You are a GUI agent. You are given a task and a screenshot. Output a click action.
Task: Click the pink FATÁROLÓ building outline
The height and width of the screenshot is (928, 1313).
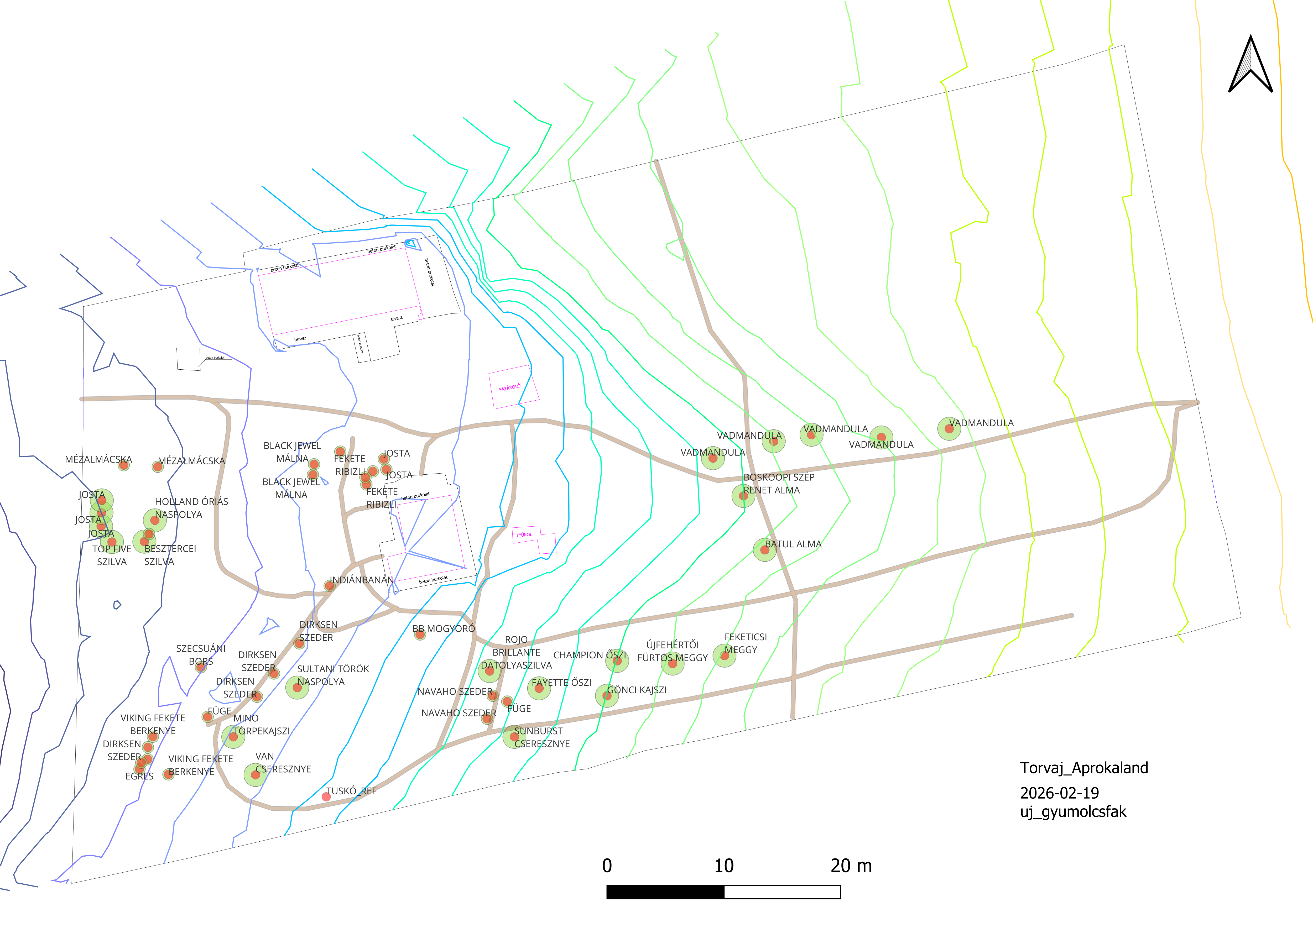click(513, 386)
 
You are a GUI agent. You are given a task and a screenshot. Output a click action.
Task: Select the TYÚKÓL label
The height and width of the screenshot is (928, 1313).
click(524, 535)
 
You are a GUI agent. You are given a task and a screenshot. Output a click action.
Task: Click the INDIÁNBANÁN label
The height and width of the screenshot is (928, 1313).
click(361, 580)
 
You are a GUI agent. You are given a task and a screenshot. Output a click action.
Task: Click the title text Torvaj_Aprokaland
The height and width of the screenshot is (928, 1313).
click(1084, 768)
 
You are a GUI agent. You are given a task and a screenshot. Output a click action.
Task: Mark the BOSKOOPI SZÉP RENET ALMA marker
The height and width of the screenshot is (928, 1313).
click(743, 496)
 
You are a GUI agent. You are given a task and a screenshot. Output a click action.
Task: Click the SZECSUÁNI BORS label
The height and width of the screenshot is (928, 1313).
click(201, 655)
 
